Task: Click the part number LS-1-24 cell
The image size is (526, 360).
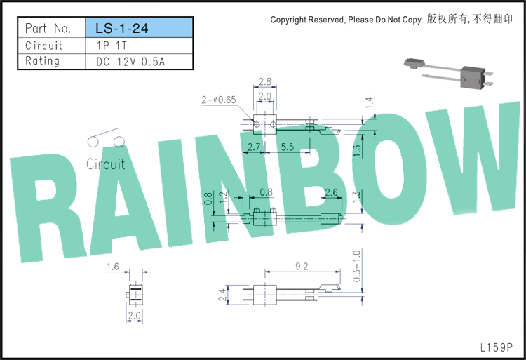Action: click(x=140, y=27)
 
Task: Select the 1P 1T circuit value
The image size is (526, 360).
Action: click(x=112, y=46)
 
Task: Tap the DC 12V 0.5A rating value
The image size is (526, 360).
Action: click(x=130, y=62)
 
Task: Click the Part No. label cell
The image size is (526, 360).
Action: click(x=48, y=28)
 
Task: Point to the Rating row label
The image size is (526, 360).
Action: click(x=42, y=61)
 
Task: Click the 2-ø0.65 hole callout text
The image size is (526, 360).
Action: click(x=219, y=100)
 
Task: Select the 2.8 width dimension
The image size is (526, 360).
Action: click(x=264, y=81)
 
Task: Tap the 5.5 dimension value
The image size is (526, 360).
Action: click(x=288, y=147)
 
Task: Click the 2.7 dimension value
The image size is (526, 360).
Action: click(x=254, y=147)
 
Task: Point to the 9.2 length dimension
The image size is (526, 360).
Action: click(x=302, y=267)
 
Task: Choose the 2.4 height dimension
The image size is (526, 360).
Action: click(x=222, y=295)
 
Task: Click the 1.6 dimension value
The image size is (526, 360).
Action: click(x=113, y=267)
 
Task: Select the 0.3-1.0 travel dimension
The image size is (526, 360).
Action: click(x=357, y=266)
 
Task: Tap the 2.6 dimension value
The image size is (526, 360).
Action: click(x=331, y=192)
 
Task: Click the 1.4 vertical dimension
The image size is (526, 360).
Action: click(x=369, y=102)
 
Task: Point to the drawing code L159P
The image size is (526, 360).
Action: click(x=496, y=347)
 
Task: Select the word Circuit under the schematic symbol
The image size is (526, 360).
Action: click(x=106, y=164)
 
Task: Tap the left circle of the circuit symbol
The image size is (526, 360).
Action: click(x=93, y=142)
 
